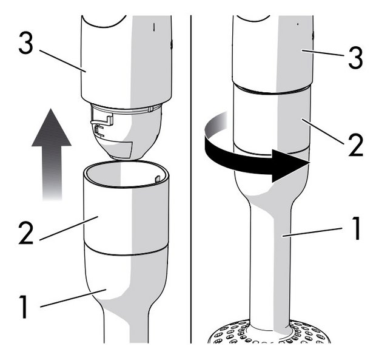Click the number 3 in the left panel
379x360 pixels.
25,44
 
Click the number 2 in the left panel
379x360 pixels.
25,233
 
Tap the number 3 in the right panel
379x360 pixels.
355,58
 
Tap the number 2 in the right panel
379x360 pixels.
355,145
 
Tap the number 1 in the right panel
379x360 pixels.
356,228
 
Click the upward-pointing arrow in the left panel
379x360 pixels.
52,154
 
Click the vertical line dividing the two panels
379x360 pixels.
191,179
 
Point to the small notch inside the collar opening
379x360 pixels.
157,178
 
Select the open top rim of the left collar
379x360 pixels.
126,174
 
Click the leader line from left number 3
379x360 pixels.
62,61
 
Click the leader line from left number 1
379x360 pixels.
73,298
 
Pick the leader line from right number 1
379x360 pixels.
312,231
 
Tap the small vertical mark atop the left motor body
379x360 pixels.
154,27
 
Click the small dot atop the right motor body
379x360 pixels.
298,24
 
